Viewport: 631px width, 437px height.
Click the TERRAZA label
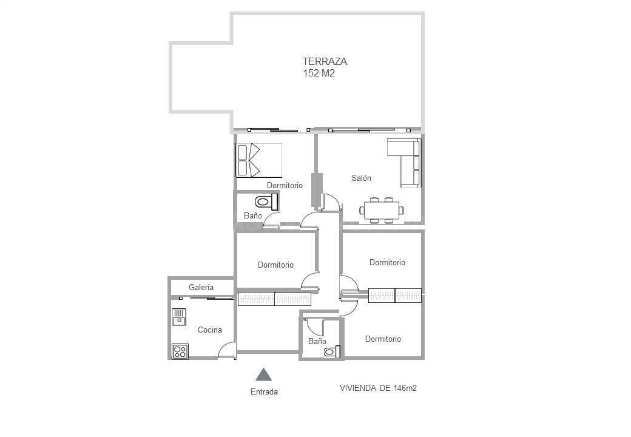325,61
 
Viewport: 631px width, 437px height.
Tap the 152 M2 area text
319,73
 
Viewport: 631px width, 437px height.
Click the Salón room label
361,178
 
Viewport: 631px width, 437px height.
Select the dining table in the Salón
382,211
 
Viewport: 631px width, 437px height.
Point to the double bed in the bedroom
258,160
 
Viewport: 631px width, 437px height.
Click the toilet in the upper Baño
266,202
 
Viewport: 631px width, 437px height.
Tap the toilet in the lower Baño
332,351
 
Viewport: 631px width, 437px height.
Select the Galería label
201,287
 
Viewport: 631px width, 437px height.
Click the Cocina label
210,330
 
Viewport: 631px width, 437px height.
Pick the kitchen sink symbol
179,317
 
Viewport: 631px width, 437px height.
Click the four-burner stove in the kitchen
180,351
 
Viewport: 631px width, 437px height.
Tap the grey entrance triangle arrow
263,374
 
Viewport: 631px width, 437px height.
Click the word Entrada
264,391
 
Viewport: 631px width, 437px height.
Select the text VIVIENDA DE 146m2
378,388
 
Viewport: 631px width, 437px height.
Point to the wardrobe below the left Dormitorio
274,299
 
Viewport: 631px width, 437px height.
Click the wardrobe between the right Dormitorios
395,296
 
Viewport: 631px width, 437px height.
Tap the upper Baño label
253,215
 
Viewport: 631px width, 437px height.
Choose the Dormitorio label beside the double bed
285,186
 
